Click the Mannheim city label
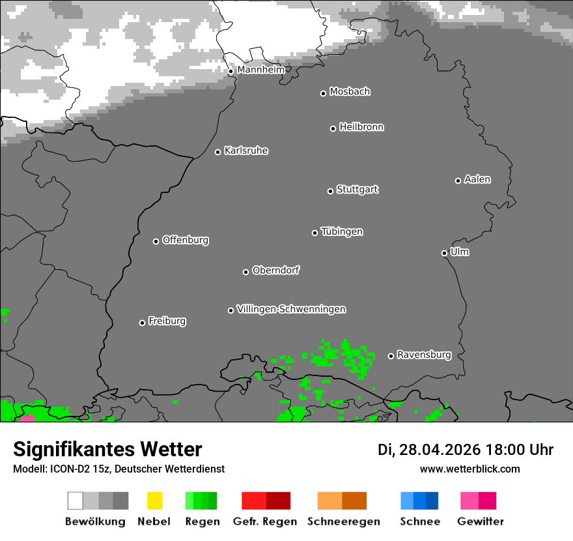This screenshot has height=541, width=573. pyautogui.click(x=260, y=70)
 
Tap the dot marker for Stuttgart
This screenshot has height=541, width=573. pyautogui.click(x=330, y=191)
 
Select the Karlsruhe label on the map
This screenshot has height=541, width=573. pyautogui.click(x=246, y=151)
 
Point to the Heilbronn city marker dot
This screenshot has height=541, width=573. pyautogui.click(x=333, y=128)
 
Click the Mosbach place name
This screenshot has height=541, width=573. pyautogui.click(x=350, y=92)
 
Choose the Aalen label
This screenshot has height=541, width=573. pyautogui.click(x=477, y=179)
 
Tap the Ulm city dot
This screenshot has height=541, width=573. pyautogui.click(x=444, y=253)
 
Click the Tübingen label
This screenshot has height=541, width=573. pyautogui.click(x=342, y=231)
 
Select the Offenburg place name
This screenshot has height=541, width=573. pyautogui.click(x=186, y=240)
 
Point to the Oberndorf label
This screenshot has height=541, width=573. pyautogui.click(x=276, y=270)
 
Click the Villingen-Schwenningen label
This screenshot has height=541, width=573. pyautogui.click(x=291, y=309)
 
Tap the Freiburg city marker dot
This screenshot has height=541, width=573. pyautogui.click(x=142, y=323)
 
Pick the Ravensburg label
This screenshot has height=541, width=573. pyautogui.click(x=424, y=355)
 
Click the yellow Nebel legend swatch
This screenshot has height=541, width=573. pyautogui.click(x=154, y=501)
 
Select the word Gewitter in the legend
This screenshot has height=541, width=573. pyautogui.click(x=481, y=521)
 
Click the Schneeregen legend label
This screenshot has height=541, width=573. pyautogui.click(x=343, y=521)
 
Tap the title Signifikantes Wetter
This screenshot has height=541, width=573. pyautogui.click(x=107, y=449)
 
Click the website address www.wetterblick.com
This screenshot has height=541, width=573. pyautogui.click(x=469, y=469)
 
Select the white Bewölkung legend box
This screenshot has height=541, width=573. pyautogui.click(x=75, y=501)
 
